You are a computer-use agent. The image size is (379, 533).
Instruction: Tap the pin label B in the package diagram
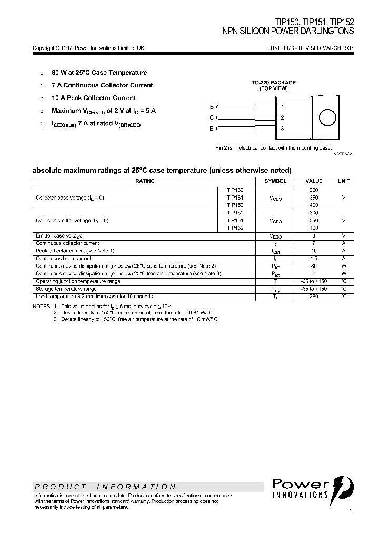pyautogui.click(x=212, y=106)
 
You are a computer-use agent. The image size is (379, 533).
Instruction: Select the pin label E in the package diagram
pyautogui.click(x=212, y=129)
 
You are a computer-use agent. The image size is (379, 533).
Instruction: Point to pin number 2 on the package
pyautogui.click(x=282, y=117)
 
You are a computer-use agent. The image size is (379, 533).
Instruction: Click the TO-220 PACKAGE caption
pyautogui.click(x=273, y=83)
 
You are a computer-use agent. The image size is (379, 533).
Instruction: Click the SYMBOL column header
pyautogui.click(x=275, y=181)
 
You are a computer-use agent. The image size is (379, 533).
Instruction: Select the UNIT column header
pyautogui.click(x=343, y=181)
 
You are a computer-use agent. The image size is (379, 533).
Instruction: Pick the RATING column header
pyautogui.click(x=145, y=181)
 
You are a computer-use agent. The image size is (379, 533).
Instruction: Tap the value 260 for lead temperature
pyautogui.click(x=314, y=297)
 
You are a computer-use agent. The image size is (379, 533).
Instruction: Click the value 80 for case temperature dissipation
pyautogui.click(x=314, y=266)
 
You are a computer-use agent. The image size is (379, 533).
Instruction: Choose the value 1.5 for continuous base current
pyautogui.click(x=314, y=259)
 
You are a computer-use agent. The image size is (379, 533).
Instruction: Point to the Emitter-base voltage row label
pyautogui.click(x=59, y=235)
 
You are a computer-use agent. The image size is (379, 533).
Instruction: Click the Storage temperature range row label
pyautogui.click(x=66, y=289)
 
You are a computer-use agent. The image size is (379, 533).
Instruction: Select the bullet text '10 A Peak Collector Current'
pyautogui.click(x=94, y=98)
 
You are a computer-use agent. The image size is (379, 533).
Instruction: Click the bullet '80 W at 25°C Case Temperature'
pyautogui.click(x=99, y=73)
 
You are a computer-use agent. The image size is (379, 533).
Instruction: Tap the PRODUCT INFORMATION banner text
pyautogui.click(x=105, y=487)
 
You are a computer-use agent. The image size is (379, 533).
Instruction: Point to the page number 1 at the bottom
pyautogui.click(x=350, y=511)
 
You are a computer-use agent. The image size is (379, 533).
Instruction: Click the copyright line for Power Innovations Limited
pyautogui.click(x=88, y=48)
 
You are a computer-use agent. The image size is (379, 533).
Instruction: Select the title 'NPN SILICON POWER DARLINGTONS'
pyautogui.click(x=288, y=32)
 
